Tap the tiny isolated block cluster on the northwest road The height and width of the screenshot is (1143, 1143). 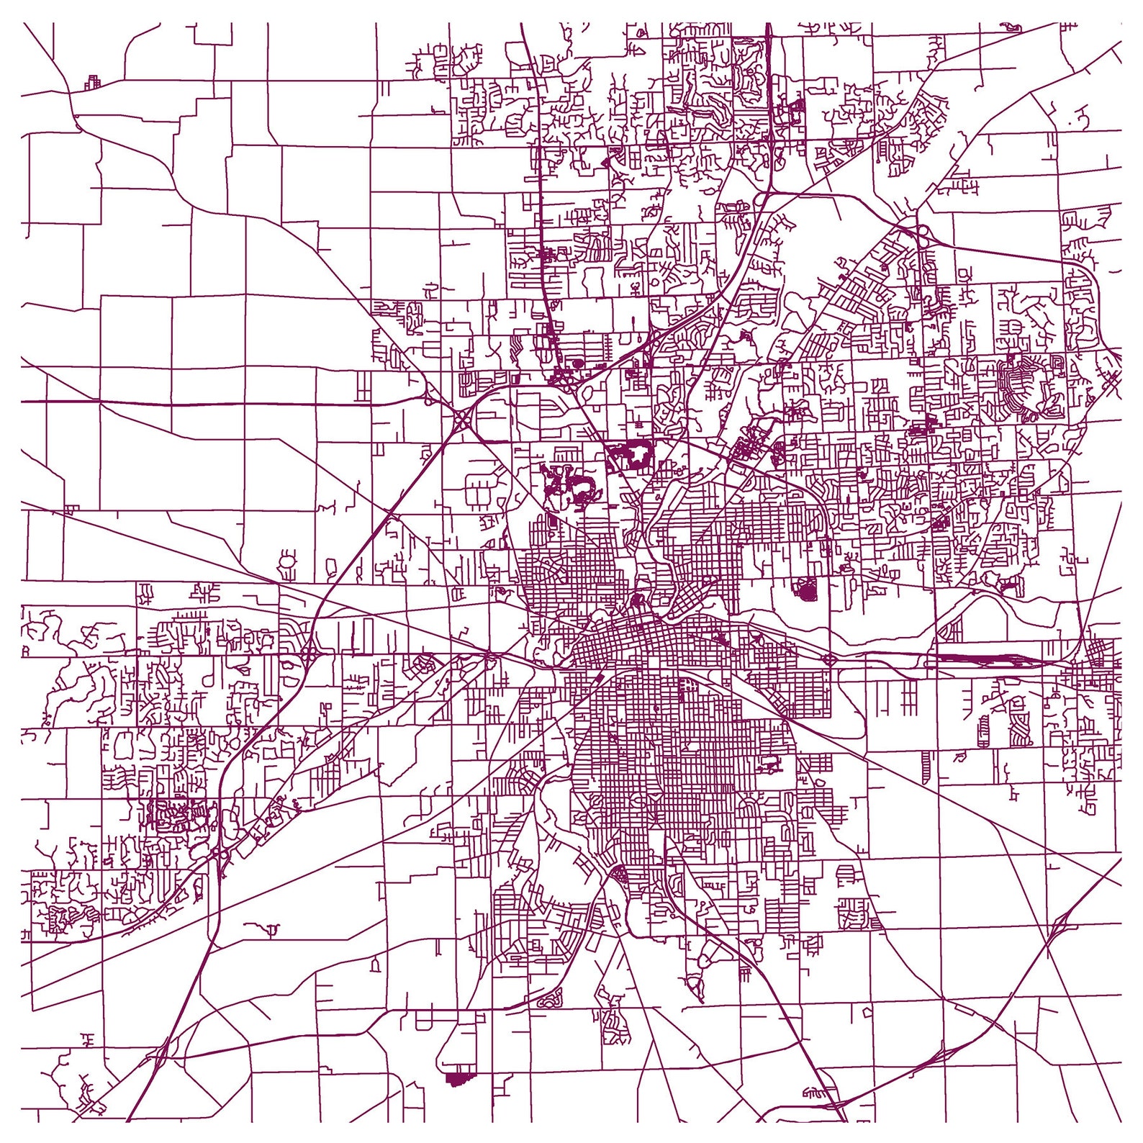click(x=92, y=81)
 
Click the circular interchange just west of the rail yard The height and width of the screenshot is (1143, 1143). click(x=829, y=659)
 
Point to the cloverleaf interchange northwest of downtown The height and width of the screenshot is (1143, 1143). click(x=461, y=417)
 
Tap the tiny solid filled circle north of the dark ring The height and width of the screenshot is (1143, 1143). click(x=577, y=363)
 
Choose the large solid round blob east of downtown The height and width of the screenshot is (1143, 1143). click(x=807, y=591)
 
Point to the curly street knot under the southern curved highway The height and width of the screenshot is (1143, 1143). click(x=550, y=998)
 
